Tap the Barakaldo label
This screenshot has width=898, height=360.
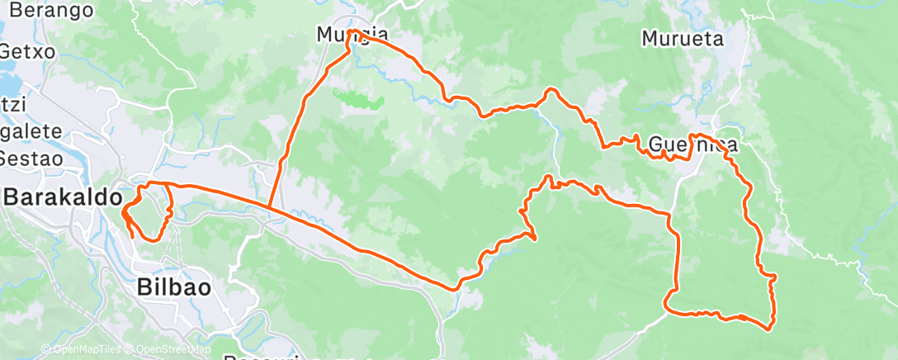tap(63, 198)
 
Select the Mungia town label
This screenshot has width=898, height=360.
tap(352, 35)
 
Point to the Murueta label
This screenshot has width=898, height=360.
tap(683, 39)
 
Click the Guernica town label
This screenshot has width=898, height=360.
tap(692, 145)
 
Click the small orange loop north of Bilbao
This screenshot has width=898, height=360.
tap(149, 211)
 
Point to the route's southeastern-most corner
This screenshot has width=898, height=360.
tap(769, 329)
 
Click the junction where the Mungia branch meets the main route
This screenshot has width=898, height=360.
tap(270, 207)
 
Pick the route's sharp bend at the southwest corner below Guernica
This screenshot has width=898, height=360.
tap(667, 311)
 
